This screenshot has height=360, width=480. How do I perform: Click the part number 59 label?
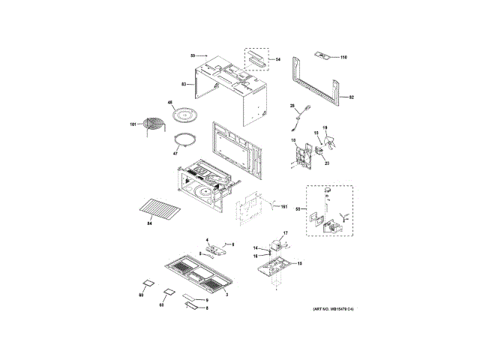click(193, 56)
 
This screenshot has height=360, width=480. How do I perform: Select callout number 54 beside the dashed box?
click(275, 58)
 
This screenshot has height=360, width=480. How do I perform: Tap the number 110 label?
click(344, 58)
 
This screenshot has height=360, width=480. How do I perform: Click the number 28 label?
click(292, 106)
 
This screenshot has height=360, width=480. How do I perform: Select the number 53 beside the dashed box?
click(298, 208)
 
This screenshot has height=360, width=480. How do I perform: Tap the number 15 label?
click(300, 264)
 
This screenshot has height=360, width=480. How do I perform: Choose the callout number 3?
click(227, 294)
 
